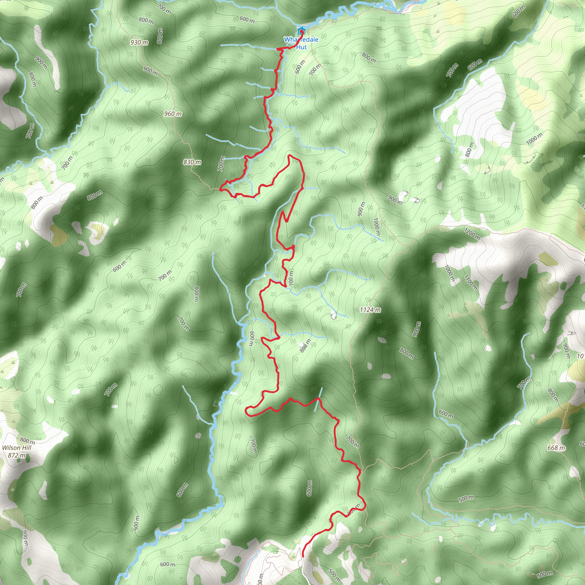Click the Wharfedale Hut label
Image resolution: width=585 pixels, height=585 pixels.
click(301, 43)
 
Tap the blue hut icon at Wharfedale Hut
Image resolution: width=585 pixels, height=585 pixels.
click(301, 31)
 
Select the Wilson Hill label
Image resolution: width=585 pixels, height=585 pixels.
click(17, 448)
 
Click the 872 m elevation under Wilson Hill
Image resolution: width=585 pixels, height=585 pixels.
click(17, 455)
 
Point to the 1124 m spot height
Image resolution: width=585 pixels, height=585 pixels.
click(370, 310)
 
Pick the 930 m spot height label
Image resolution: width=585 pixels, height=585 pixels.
click(139, 42)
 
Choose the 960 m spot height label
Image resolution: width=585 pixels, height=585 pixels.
click(173, 114)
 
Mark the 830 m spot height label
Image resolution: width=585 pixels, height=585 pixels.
click(192, 162)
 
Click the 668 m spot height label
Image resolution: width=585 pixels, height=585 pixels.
click(556, 448)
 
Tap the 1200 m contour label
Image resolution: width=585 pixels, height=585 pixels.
click(472, 234)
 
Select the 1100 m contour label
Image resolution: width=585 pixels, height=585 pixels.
click(470, 282)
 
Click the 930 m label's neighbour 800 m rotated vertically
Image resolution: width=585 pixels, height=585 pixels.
click(160, 36)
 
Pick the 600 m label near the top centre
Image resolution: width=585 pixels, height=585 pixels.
click(247, 20)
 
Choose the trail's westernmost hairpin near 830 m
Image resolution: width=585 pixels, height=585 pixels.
click(220, 189)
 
